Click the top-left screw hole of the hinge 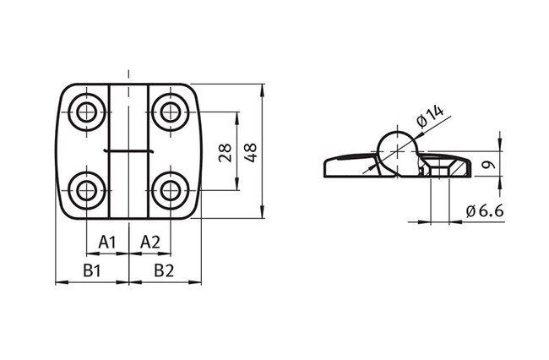coord(86,112)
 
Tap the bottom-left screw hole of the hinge coord(86,190)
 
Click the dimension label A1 coord(106,243)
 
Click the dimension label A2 coord(150,243)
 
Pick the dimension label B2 coord(164,270)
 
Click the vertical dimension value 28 coord(226,152)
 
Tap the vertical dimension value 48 coord(251,152)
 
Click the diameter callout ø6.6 coord(485,211)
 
